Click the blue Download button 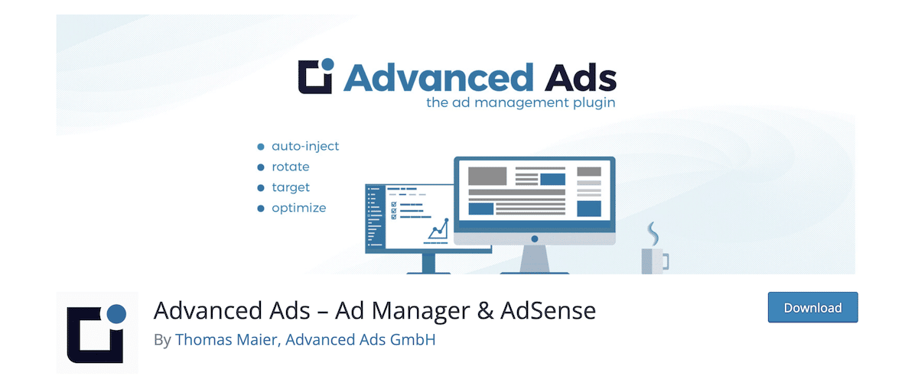812,307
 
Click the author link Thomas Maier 227,339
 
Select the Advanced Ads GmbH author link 360,339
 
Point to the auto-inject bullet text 305,145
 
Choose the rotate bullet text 291,166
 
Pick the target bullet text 291,187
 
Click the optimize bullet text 299,208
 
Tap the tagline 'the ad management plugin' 520,102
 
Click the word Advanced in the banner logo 438,77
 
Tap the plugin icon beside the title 97,332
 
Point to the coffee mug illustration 653,260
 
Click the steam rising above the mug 652,230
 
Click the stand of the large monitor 535,258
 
